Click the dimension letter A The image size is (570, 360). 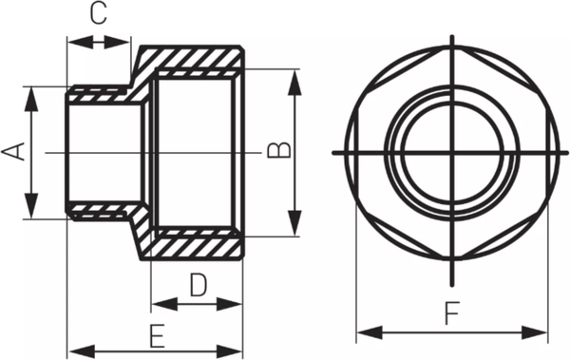pyautogui.click(x=14, y=153)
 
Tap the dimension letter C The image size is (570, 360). pyautogui.click(x=98, y=14)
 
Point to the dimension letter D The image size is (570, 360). pyautogui.click(x=197, y=284)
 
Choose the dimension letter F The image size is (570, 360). pyautogui.click(x=452, y=313)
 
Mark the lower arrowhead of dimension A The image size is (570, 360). pyautogui.click(x=30, y=211)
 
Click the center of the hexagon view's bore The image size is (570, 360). pyautogui.click(x=452, y=152)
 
